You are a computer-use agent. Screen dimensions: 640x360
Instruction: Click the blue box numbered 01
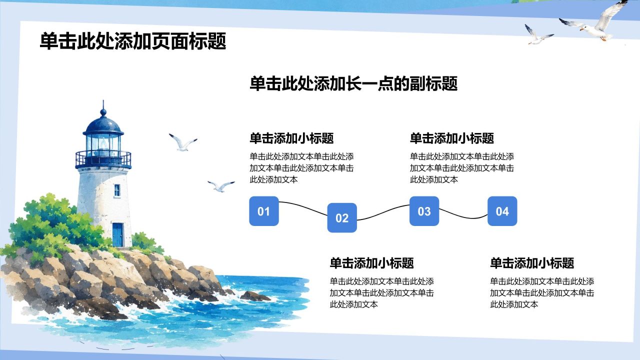coord(263,211)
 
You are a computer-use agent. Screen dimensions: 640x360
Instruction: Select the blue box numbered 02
coord(342,217)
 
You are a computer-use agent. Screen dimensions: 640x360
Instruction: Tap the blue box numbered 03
coord(424,211)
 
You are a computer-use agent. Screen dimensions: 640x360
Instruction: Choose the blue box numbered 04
coord(502,211)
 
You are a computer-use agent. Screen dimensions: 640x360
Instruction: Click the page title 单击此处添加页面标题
coord(133,41)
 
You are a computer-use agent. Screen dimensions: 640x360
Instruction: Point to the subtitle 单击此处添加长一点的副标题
coord(353,83)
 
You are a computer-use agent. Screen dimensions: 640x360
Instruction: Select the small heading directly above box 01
coord(291,138)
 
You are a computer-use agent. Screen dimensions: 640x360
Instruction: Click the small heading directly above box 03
coord(452,138)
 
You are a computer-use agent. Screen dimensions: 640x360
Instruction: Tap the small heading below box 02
coord(371,263)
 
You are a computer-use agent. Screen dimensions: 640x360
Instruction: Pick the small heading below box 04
coord(532,263)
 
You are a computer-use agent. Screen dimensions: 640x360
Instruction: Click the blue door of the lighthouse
coord(117,234)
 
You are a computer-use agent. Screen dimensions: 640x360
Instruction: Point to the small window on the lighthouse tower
coord(117,190)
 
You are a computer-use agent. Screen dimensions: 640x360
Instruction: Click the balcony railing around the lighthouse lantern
coord(103,159)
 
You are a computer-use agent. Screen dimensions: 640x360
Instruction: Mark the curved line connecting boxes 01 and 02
coord(303,207)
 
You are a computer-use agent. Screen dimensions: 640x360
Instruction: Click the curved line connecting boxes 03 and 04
coord(463,215)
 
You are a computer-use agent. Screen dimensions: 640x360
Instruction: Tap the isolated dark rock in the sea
coord(255,296)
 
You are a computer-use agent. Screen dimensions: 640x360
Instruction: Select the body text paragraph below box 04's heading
coord(542,293)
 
